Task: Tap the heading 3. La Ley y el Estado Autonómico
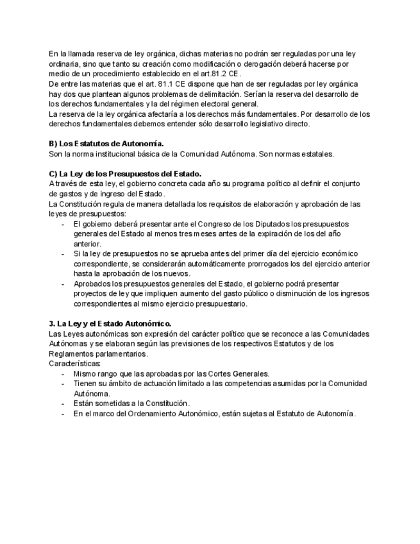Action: tap(110, 323)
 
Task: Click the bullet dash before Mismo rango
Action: tap(63, 373)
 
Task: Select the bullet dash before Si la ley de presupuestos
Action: tap(63, 253)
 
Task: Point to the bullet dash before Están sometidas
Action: tap(63, 404)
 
